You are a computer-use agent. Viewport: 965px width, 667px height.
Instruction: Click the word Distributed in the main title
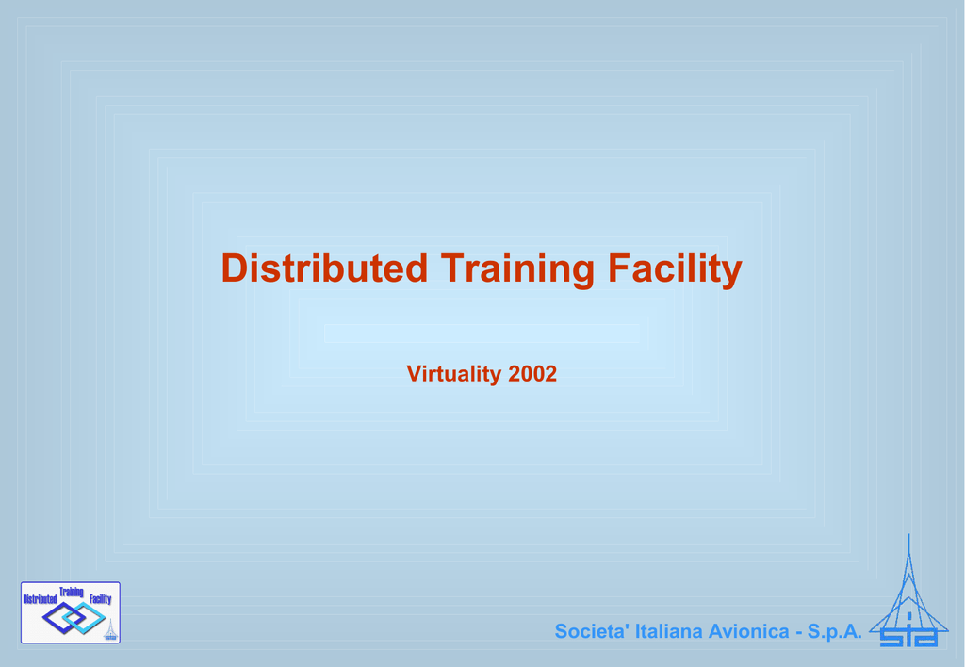tap(324, 268)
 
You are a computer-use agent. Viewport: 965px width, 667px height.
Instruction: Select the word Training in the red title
tap(517, 269)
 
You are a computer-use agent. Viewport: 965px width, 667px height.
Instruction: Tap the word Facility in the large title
tap(675, 269)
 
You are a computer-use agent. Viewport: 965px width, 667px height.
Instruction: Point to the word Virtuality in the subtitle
tap(454, 374)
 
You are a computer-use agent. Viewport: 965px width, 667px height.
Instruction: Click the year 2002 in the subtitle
tap(532, 373)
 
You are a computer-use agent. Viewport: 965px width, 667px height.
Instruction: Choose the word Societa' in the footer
tap(592, 631)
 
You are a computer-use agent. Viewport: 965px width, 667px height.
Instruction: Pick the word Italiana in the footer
tap(668, 631)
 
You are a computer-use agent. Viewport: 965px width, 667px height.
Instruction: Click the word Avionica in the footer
tap(748, 631)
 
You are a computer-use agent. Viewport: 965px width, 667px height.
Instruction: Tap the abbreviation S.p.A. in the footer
tap(835, 631)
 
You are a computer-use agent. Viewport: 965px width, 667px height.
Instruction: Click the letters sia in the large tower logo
tap(908, 637)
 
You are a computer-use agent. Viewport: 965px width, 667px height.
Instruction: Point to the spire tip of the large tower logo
tap(908, 534)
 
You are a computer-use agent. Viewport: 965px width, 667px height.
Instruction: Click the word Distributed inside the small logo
tap(40, 599)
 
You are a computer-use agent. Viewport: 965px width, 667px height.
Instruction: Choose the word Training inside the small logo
tap(72, 592)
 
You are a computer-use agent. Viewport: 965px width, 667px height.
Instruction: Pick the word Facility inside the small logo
tap(100, 599)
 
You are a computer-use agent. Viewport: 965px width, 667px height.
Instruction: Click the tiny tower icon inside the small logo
tap(111, 630)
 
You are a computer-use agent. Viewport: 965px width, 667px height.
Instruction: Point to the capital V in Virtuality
tap(414, 373)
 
